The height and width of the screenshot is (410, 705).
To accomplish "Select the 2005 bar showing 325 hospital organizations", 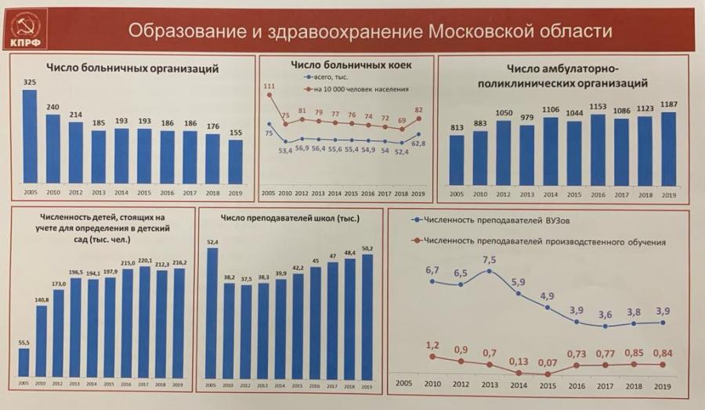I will pos(30,137).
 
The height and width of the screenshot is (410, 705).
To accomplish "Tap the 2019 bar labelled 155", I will pos(236,161).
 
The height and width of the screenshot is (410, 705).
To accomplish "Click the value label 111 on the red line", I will pos(269,85).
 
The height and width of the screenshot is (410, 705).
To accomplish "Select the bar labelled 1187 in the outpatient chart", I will pos(668,149).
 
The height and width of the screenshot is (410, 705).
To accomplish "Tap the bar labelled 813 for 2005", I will pos(457,160).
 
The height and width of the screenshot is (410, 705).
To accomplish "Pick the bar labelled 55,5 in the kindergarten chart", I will pos(23,362).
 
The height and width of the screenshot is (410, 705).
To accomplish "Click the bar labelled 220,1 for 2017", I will pos(144,322).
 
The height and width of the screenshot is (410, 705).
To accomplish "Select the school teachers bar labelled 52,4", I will pos(211,313).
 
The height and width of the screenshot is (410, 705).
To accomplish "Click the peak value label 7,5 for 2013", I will pos(490,258).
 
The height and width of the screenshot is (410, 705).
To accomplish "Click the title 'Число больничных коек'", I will pos(350,64).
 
